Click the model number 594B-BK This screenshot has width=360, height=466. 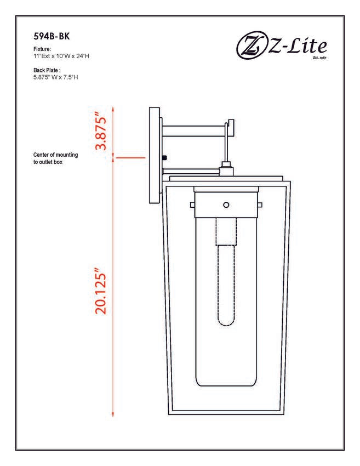52,36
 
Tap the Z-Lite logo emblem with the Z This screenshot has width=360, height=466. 252,47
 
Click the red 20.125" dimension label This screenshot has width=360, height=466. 100,291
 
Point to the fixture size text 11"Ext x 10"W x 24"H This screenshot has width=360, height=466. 61,56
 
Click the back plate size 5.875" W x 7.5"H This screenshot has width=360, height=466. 56,77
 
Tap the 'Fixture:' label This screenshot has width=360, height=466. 42,49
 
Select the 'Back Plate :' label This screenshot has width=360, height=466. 47,70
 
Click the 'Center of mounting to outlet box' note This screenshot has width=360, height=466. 55,158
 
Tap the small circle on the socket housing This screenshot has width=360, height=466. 226,205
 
